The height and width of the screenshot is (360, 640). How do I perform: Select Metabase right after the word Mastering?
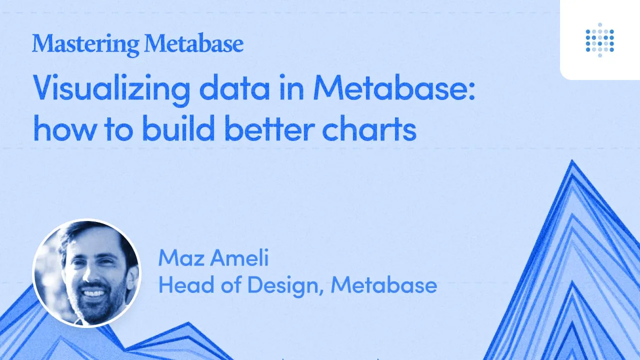194,43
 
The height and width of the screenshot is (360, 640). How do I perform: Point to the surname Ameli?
239,257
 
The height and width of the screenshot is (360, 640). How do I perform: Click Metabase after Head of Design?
384,284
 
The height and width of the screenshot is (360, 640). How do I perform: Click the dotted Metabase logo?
599,40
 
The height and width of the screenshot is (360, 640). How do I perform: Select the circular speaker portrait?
87,273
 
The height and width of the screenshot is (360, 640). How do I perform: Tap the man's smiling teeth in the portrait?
93,293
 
